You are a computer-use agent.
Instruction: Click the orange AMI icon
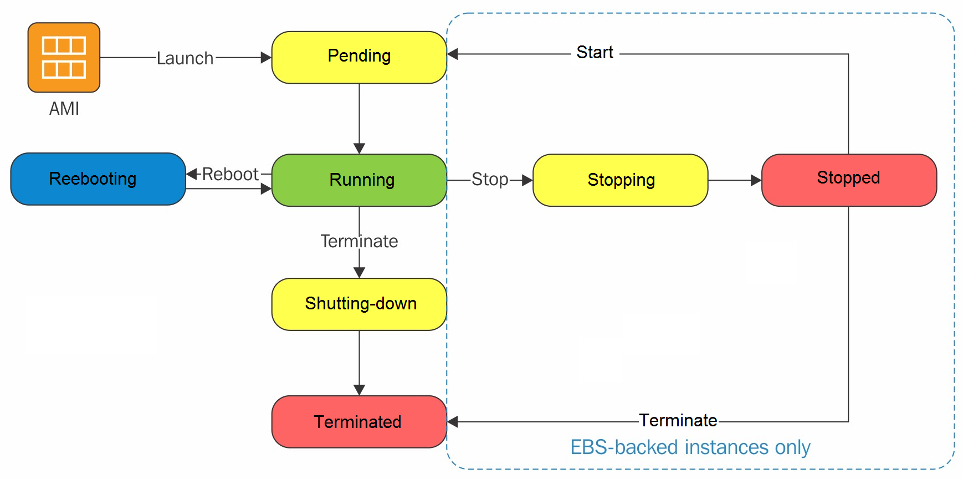tap(64, 57)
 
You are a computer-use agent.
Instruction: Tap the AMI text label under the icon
tap(64, 109)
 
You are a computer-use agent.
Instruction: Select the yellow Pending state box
tap(359, 57)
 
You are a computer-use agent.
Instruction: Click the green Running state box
tap(359, 180)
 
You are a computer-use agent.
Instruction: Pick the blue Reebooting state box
tap(98, 179)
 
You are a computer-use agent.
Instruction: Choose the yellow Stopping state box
tap(621, 180)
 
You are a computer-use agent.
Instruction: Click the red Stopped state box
tap(849, 180)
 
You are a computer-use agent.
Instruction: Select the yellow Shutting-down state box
tap(359, 304)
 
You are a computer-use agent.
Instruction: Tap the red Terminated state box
tap(359, 422)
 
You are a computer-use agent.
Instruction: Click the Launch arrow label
tap(185, 58)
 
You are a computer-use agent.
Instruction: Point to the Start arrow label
tap(595, 52)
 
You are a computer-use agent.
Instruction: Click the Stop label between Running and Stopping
tap(490, 180)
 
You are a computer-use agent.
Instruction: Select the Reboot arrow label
tap(230, 174)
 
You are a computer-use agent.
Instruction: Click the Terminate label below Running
tap(359, 241)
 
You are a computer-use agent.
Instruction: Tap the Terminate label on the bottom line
tap(678, 420)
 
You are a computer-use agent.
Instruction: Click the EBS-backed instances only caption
tap(690, 447)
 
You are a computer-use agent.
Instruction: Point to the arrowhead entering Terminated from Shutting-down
tap(359, 390)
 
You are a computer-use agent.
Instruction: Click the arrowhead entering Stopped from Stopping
tap(756, 180)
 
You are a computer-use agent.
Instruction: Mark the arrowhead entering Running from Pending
tap(359, 149)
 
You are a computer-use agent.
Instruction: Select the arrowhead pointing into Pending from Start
tap(453, 54)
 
